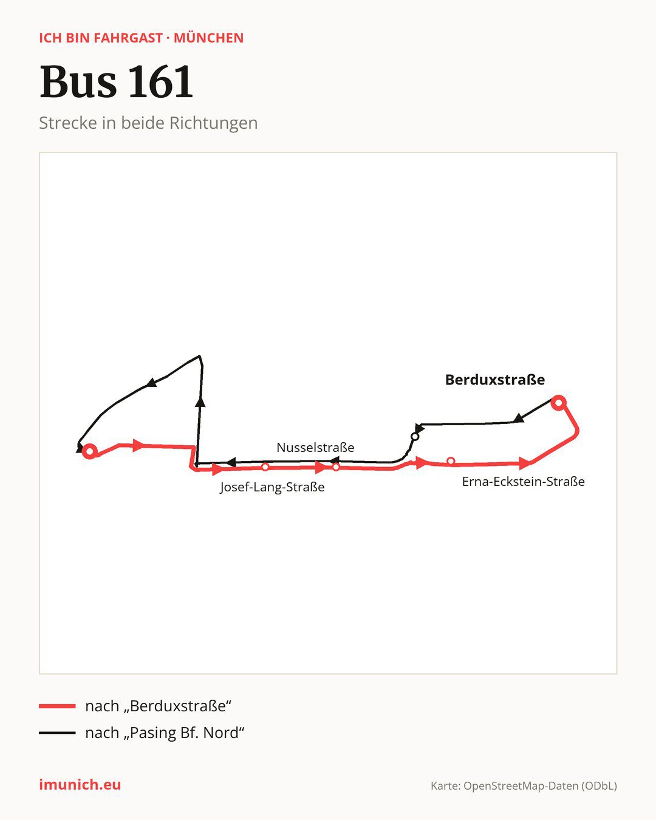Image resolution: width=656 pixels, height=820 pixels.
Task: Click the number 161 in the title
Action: tap(160, 81)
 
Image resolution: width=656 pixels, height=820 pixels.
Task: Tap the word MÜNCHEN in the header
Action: tap(208, 38)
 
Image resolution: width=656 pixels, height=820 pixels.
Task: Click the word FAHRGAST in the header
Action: tap(128, 38)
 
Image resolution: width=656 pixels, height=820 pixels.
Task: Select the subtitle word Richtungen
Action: tap(213, 123)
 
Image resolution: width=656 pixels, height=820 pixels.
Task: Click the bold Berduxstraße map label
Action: tap(495, 380)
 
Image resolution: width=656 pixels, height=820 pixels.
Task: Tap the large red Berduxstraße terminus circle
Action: tap(558, 402)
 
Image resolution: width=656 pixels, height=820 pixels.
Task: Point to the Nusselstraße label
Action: tap(315, 447)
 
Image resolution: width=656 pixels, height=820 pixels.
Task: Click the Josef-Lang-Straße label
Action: tap(272, 487)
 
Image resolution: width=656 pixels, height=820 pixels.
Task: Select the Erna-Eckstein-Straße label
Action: tap(523, 482)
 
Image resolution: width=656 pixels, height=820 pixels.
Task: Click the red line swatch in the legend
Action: tap(57, 706)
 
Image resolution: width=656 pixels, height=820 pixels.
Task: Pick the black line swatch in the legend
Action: tap(57, 733)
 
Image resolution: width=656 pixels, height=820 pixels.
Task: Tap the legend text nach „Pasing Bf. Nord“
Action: tap(165, 733)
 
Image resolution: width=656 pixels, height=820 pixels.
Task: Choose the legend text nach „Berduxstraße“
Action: tap(158, 706)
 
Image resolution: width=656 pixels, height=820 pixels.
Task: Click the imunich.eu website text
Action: tap(80, 785)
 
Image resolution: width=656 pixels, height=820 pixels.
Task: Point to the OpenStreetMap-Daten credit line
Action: tap(524, 786)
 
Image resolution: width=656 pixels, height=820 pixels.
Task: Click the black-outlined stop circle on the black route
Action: tap(415, 437)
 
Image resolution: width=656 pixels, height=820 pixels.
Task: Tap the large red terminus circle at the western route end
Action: tap(89, 451)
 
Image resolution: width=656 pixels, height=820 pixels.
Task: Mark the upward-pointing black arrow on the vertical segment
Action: tap(200, 402)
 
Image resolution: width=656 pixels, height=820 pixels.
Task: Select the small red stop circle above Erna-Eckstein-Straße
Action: tap(451, 461)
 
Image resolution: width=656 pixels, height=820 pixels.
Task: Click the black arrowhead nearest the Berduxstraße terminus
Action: tap(518, 418)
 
